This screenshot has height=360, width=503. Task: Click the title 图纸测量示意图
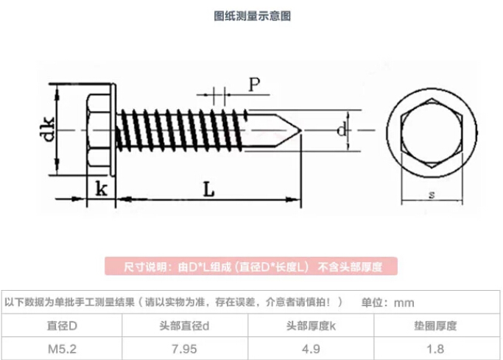pos(252,16)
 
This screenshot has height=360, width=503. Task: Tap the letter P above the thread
pos(254,84)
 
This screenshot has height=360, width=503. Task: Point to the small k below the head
pos(102,189)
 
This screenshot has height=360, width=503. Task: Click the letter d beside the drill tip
pos(340,131)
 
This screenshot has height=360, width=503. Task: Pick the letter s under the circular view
pos(431,195)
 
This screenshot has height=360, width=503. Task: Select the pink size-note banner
pos(250,267)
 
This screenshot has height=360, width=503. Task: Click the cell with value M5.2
pos(63,348)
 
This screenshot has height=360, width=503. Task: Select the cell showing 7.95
pos(188,348)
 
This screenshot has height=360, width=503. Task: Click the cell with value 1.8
pos(437,348)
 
